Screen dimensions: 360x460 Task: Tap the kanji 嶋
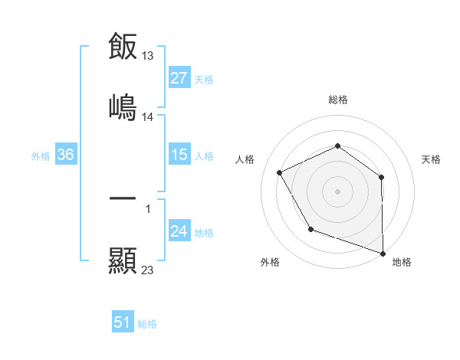pos(123,106)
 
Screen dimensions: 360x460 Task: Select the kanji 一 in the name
pos(123,199)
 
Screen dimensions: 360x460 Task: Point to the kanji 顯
pos(123,260)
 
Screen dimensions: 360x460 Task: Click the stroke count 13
pos(148,55)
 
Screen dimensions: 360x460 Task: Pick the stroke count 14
pos(148,117)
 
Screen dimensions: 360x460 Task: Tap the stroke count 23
pos(148,270)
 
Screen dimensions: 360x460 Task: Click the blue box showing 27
pos(179,78)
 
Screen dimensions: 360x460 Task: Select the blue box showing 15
pos(179,155)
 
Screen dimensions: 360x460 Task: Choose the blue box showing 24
pos(179,231)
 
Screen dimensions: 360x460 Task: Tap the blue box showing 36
pos(66,155)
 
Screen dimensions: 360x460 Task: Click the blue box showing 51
pos(123,322)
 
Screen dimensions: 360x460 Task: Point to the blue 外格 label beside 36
pos(41,155)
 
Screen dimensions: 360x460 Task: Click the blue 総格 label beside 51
pos(147,324)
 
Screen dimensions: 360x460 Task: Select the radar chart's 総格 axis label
pos(338,100)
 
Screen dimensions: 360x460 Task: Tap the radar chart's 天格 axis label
pos(432,159)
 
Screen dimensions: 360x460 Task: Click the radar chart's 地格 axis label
pos(402,262)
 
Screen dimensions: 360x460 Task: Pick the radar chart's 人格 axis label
pos(245,159)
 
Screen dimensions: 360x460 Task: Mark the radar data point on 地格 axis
pos(383,252)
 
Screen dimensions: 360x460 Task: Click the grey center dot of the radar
pos(338,191)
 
